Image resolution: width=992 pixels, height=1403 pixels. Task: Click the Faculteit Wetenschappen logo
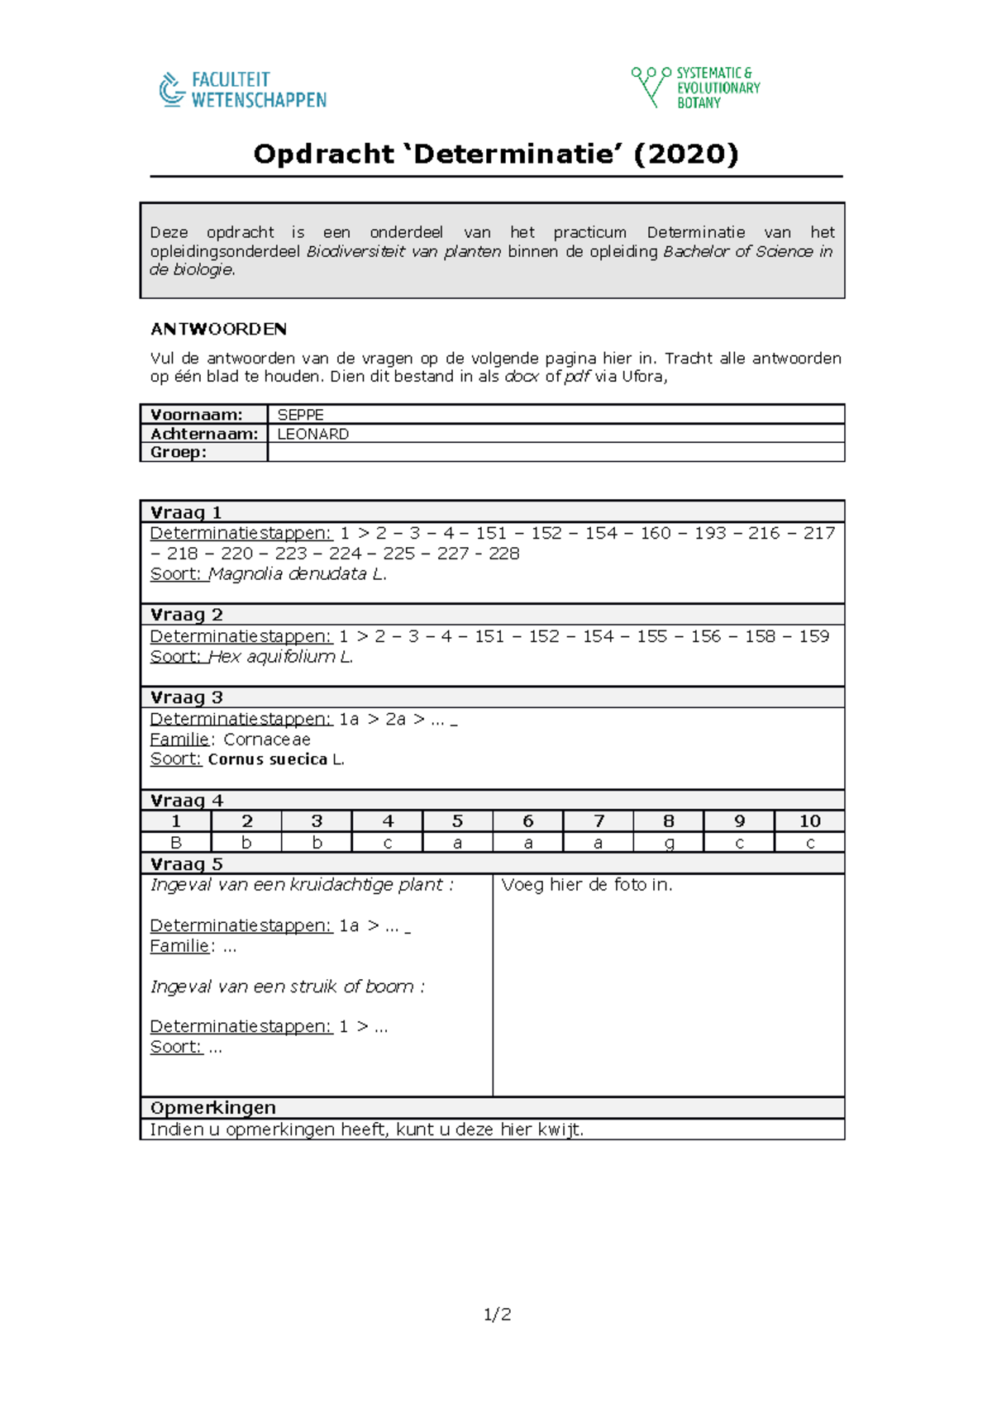coord(243,90)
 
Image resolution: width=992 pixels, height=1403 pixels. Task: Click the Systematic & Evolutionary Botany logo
coord(696,88)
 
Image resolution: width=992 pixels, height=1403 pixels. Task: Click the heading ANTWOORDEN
coord(218,329)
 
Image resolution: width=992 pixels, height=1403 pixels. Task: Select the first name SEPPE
coord(300,415)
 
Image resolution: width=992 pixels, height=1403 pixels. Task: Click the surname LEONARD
coord(312,434)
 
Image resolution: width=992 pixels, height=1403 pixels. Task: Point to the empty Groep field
coord(555,452)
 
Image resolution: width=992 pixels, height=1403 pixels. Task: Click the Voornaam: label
coord(197,415)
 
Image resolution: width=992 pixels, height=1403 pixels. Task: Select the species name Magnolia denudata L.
coord(297,574)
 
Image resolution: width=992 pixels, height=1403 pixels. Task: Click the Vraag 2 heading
coord(187,615)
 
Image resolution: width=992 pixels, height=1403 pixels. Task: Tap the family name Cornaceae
coord(267,740)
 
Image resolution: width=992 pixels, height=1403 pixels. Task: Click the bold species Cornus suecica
coord(267,759)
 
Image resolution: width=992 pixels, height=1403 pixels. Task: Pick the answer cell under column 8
coord(669,843)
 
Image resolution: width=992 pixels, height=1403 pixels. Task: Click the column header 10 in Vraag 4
coord(809,821)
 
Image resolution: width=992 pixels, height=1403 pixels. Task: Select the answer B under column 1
coord(176,843)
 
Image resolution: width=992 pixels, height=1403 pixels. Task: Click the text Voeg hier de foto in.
coord(587,885)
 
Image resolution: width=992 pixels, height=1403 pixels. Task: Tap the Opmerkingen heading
coord(213,1108)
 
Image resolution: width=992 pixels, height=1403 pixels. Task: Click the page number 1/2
coord(497,1315)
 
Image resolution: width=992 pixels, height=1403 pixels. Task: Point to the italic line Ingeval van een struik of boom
coord(287,987)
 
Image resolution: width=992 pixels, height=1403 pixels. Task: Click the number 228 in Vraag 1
coord(503,554)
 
